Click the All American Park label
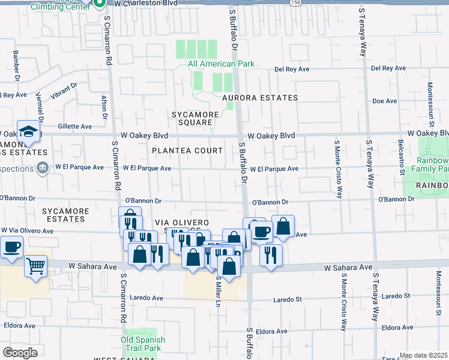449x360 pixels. pos(221,64)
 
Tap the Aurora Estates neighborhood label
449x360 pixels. pos(260,98)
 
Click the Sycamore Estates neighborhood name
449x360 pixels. pos(65,215)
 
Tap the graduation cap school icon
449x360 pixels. pos(28,131)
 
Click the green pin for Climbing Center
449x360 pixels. pos(100,2)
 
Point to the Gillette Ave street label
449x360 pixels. pos(75,127)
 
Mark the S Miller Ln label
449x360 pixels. pos(218,292)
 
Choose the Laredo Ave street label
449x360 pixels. pos(146,298)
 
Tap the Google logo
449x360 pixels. pos(20,353)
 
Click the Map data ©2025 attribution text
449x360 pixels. pos(423,355)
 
